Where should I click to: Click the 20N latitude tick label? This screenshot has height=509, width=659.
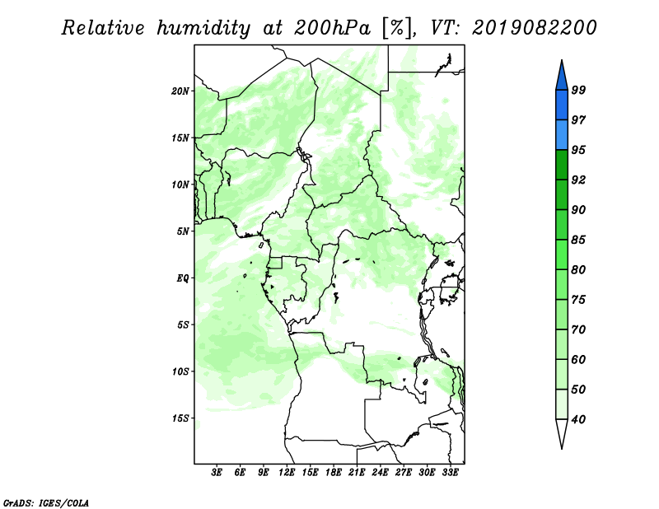[180, 91]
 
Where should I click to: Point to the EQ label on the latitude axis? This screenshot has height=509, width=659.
[183, 278]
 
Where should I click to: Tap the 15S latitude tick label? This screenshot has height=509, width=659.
[180, 418]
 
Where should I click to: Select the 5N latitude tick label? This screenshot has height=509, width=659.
[183, 231]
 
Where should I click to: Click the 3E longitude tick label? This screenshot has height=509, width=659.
[216, 473]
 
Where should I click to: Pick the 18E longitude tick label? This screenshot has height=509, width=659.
[333, 473]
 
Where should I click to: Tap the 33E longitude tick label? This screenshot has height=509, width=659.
[450, 473]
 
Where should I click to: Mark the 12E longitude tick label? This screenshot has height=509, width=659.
[286, 473]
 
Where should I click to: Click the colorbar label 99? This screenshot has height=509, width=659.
[578, 90]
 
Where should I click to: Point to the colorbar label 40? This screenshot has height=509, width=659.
[578, 419]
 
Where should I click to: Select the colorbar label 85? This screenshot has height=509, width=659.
[578, 240]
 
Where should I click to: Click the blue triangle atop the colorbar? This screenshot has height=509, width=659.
[562, 77]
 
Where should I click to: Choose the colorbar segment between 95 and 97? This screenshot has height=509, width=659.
[562, 135]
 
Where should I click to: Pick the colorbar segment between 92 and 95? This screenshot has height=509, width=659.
[562, 165]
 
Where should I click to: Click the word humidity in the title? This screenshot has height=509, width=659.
[203, 28]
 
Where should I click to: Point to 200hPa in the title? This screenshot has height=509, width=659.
[333, 28]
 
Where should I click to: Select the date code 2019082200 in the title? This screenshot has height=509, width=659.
[534, 28]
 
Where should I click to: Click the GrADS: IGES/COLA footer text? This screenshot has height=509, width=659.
[46, 502]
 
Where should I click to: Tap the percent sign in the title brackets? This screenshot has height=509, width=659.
[397, 28]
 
